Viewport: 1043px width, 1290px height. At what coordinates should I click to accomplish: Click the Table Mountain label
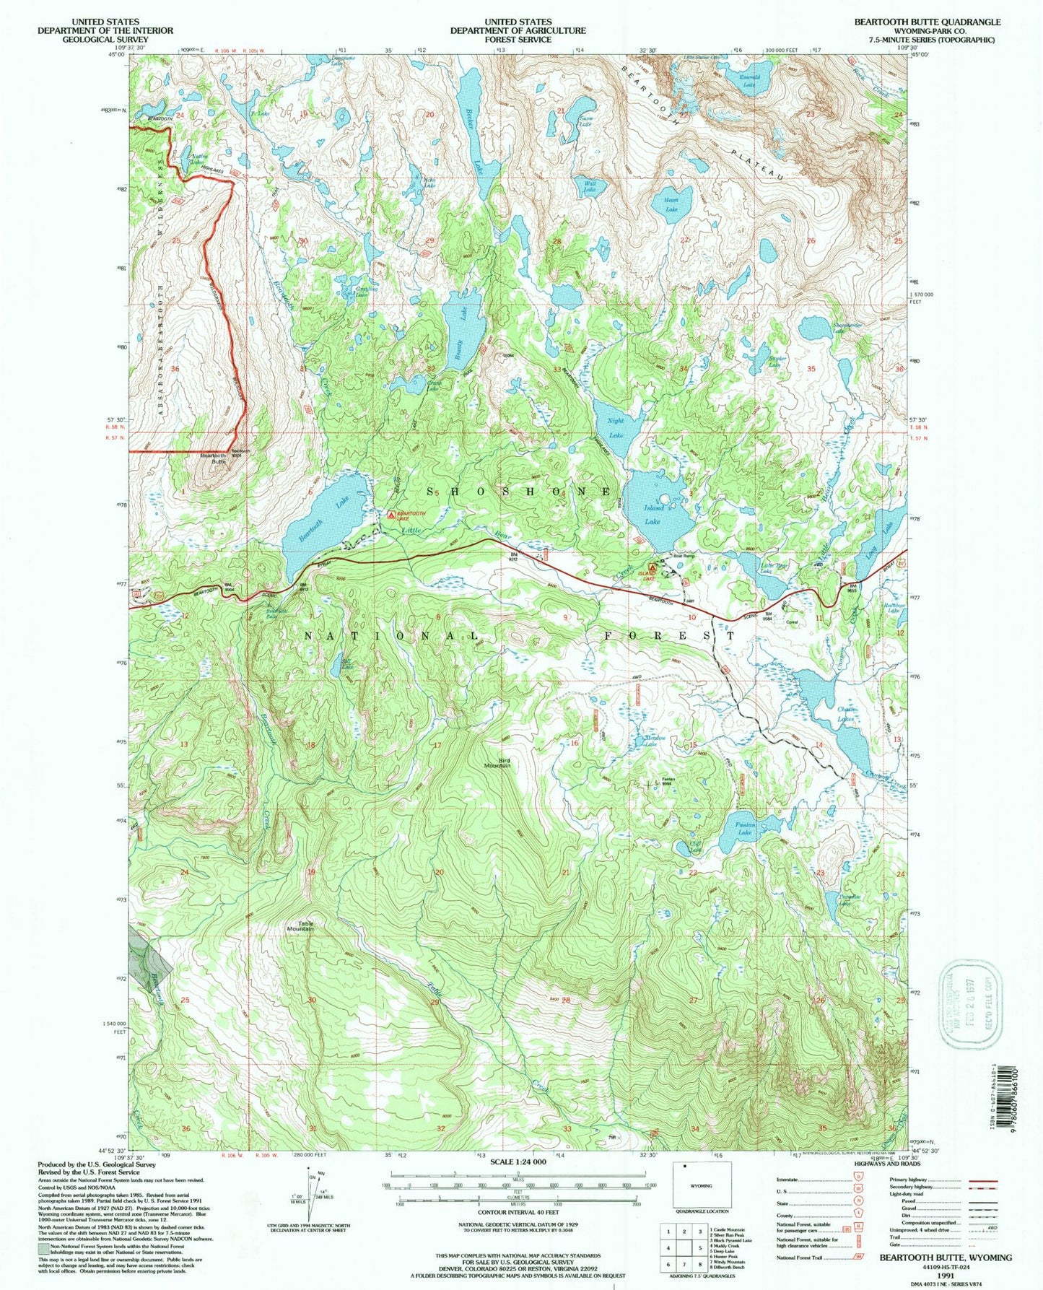pyautogui.click(x=302, y=926)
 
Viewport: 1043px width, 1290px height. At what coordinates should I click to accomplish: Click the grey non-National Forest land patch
pyautogui.click(x=149, y=955)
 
